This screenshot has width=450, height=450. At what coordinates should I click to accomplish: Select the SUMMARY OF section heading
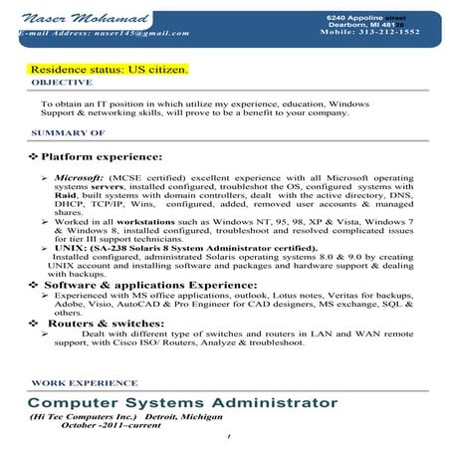(69, 132)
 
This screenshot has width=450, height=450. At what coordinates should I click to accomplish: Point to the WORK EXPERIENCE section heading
(76, 382)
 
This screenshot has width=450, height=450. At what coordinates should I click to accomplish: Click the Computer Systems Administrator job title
(182, 402)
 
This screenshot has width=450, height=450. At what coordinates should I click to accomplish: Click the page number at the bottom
(228, 437)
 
